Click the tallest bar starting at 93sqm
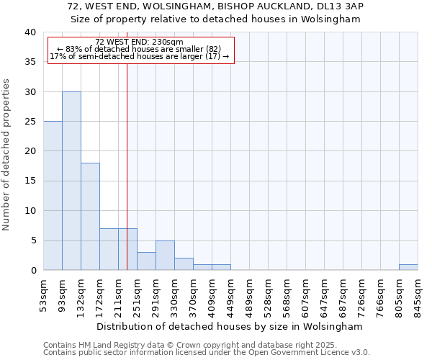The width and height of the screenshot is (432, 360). tap(71, 181)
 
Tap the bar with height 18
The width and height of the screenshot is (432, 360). tap(90, 216)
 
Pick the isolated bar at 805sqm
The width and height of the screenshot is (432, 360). tap(408, 267)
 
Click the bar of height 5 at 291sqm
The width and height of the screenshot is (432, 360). tap(165, 256)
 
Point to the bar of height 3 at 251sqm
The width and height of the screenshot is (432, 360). tap(146, 261)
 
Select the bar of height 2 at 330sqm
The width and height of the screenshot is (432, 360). tap(184, 264)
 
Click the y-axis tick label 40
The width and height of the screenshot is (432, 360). tap(30, 32)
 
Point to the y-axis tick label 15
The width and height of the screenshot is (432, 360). tap(30, 181)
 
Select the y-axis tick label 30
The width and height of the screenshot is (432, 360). tap(30, 92)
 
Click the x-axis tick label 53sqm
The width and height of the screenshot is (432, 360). tap(43, 294)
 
